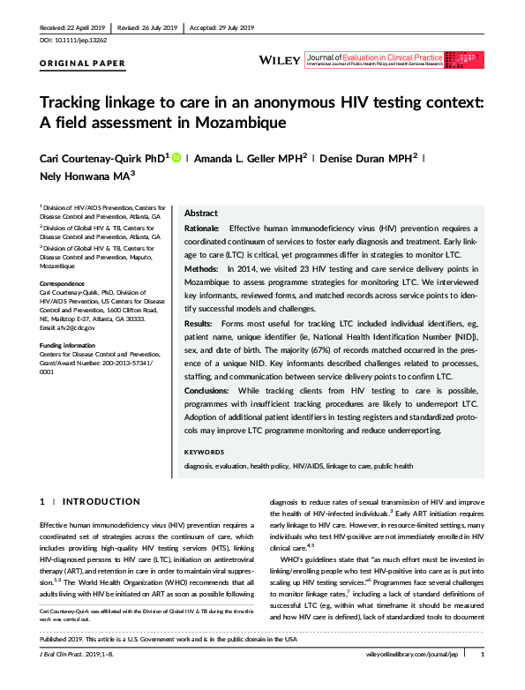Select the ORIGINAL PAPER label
pyautogui.click(x=83, y=64)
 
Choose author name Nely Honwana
pyautogui.click(x=80, y=176)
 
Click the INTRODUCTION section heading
pyautogui.click(x=102, y=501)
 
